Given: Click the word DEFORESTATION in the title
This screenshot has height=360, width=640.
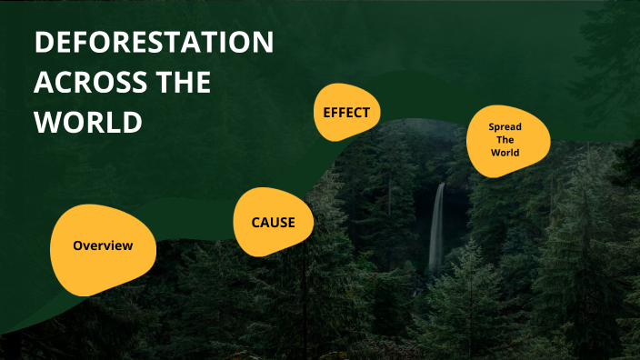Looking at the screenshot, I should point(155,44).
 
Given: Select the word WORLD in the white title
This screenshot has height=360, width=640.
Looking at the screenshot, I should point(88,122).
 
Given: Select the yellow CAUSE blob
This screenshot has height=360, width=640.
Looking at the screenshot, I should point(274,223).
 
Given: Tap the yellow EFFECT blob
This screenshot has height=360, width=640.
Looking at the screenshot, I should point(346,113).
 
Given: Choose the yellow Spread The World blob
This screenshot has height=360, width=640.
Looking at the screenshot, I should point(507,141).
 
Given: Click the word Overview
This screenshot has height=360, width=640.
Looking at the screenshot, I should point(103,245).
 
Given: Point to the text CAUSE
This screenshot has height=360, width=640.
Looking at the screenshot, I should point(274,223).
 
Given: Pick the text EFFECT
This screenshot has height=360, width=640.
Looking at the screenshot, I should point(346,113).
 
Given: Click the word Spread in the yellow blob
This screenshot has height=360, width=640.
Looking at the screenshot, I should point(505,127).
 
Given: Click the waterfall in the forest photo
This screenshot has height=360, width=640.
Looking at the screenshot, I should point(437,227).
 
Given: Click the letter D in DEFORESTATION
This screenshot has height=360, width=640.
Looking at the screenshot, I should point(44,44).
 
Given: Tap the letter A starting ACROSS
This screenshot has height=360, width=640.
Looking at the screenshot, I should point(43,83).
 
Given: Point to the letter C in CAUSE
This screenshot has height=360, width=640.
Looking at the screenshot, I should point(256,223).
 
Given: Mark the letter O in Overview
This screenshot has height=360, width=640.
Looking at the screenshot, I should point(78,245).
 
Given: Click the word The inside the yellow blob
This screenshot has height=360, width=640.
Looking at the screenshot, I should point(505,141).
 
